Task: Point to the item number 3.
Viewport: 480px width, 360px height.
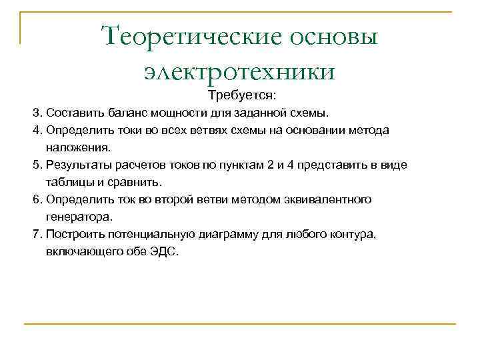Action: point(37,112)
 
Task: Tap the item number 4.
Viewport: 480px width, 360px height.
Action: point(37,129)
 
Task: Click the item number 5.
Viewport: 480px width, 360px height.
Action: point(37,164)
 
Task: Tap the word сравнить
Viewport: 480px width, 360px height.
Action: point(138,181)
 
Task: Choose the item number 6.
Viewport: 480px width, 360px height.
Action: point(37,199)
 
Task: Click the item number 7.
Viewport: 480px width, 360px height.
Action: point(37,234)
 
